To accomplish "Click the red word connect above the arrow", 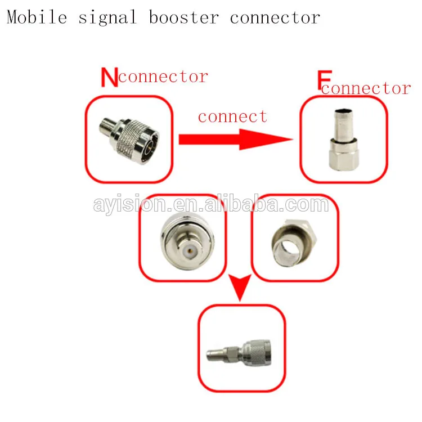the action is tap(232, 116).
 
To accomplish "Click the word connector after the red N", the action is tap(163, 77).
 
